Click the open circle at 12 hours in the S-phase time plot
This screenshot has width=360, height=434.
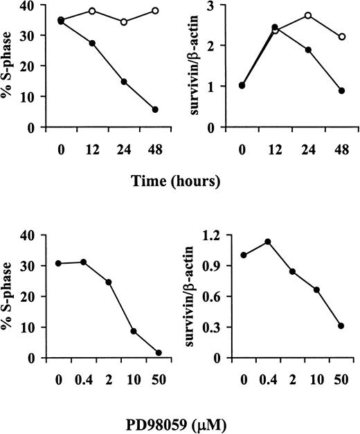click(92, 11)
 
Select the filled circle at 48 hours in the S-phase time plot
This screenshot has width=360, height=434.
click(155, 109)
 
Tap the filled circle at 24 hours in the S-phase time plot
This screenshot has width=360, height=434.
click(124, 82)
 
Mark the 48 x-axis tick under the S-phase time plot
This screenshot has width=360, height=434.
click(155, 148)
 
